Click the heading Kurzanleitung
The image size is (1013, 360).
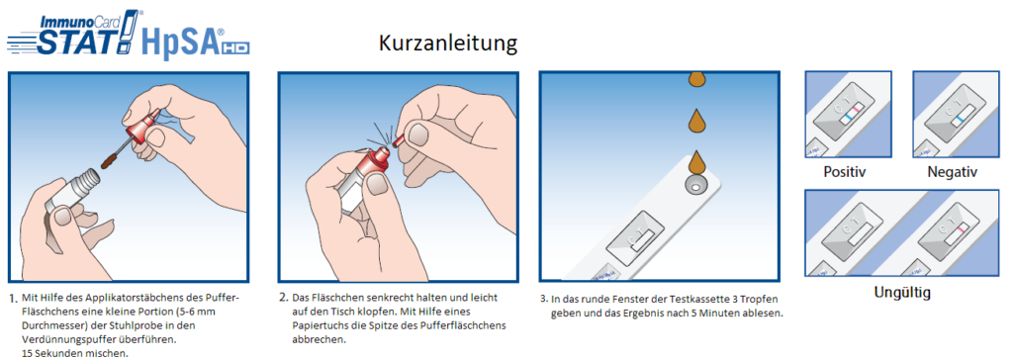tap(448, 44)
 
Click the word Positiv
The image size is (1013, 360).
tap(845, 172)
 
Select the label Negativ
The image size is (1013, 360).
tap(953, 172)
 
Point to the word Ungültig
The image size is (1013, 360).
tap(902, 292)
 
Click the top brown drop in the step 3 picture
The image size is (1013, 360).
tap(696, 79)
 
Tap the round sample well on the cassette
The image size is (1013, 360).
tap(695, 186)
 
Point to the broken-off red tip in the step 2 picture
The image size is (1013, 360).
tap(399, 137)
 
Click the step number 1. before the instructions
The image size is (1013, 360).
tap(13, 300)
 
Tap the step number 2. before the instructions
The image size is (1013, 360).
tap(284, 298)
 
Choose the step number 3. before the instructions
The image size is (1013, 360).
tap(544, 300)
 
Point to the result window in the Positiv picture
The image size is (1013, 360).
tap(848, 111)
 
